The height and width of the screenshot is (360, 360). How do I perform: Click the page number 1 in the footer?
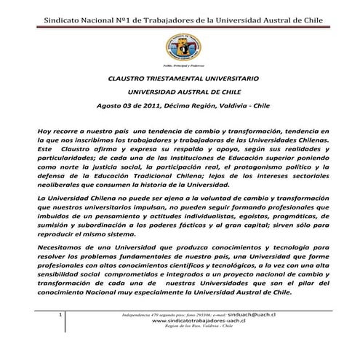click(59, 314)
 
